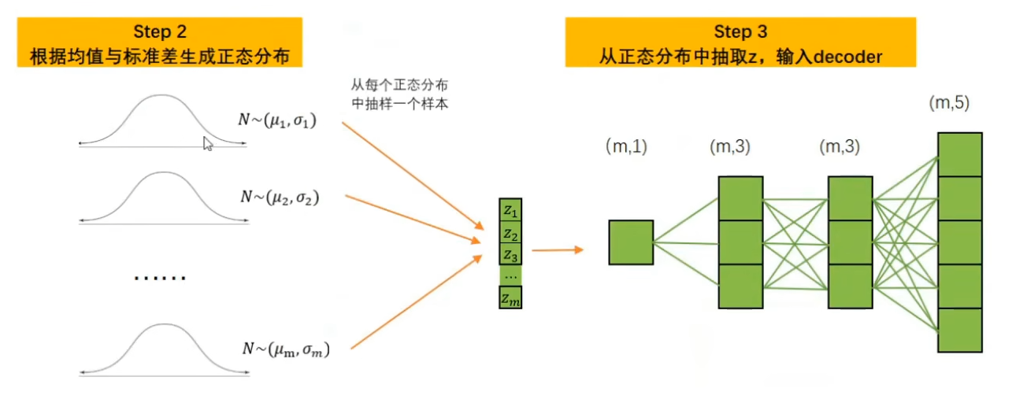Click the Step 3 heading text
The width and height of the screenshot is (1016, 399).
click(x=740, y=32)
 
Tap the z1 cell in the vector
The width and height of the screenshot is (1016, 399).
click(x=510, y=212)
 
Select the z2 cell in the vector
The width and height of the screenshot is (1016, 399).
click(x=510, y=235)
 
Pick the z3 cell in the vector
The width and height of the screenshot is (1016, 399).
click(x=510, y=256)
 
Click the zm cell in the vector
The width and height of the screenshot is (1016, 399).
click(x=510, y=298)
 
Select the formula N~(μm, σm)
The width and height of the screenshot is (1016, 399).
click(x=286, y=349)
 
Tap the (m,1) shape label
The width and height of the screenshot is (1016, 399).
click(x=626, y=146)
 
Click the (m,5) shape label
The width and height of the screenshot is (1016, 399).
click(x=948, y=102)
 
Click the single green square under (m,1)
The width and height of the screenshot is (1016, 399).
click(x=631, y=242)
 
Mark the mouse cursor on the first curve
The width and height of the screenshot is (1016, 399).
click(x=207, y=143)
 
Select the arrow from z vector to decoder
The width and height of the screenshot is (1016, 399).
click(x=557, y=250)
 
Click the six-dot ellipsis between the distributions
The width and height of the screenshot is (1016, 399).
click(x=160, y=278)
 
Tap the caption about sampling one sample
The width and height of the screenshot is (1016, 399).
click(x=400, y=94)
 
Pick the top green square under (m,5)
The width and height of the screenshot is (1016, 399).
click(x=959, y=154)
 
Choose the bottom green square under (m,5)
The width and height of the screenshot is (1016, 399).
click(x=959, y=331)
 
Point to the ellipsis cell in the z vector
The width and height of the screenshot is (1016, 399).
click(x=510, y=276)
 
